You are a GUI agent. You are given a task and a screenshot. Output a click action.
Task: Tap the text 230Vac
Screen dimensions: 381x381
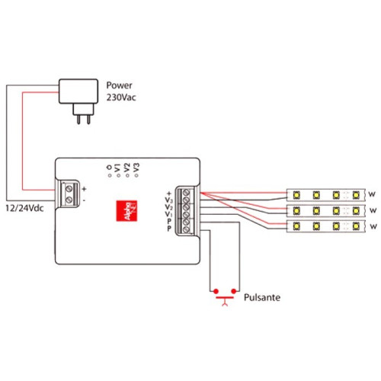coord(123,98)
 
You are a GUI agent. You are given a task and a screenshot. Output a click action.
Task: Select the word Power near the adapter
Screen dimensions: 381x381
coord(120,85)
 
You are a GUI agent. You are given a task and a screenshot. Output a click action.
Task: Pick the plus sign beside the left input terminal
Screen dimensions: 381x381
coord(84,187)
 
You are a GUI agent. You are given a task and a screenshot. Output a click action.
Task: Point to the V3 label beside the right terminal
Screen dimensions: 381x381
coord(168,200)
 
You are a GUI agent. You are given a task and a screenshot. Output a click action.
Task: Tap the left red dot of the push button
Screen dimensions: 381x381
coord(216,291)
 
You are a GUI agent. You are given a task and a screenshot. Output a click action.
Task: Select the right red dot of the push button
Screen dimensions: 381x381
coord(236,291)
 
